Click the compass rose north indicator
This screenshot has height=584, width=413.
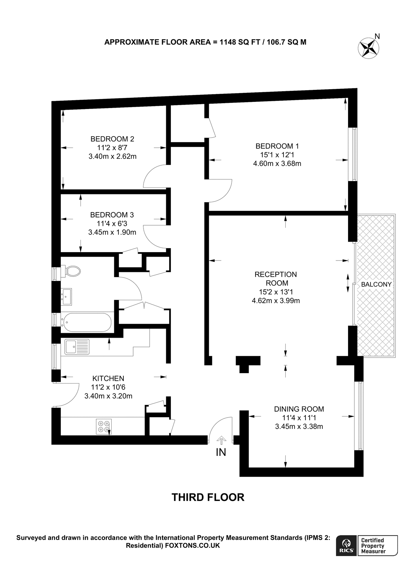[369, 47]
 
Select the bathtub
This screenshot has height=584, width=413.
[87, 322]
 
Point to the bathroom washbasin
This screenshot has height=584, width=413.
[66, 297]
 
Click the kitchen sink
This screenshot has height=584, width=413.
[77, 347]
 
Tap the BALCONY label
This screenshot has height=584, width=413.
[376, 285]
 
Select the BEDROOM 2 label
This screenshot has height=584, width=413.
[112, 139]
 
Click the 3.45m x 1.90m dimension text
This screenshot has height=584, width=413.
[112, 232]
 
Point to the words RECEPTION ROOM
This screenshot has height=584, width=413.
[276, 279]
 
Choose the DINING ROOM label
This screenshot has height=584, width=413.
[299, 409]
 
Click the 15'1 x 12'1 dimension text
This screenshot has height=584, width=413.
[277, 155]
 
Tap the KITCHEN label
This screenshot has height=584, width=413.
[108, 378]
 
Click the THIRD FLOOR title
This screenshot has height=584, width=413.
[208, 497]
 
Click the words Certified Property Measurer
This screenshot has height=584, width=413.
[373, 546]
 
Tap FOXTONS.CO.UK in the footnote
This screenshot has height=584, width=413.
[193, 546]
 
